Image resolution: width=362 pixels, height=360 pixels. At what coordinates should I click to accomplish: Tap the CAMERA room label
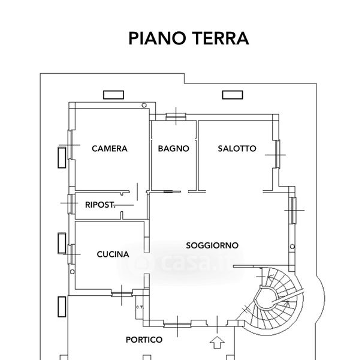(x=109, y=149)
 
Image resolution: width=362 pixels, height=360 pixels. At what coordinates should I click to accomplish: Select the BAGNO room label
(x=174, y=149)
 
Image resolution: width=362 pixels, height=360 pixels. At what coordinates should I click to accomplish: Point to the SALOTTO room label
(x=237, y=149)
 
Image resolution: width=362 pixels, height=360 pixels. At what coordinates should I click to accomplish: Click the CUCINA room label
(x=113, y=254)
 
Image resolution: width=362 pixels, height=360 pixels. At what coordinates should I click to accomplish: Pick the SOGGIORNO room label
(x=212, y=245)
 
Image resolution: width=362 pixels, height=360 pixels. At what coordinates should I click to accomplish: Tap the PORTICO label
(x=144, y=340)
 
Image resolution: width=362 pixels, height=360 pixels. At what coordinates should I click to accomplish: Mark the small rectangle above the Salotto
(x=231, y=94)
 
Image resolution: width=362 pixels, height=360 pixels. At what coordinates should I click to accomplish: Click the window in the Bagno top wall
(x=176, y=116)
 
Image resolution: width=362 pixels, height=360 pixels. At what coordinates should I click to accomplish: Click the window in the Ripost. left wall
(x=71, y=204)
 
